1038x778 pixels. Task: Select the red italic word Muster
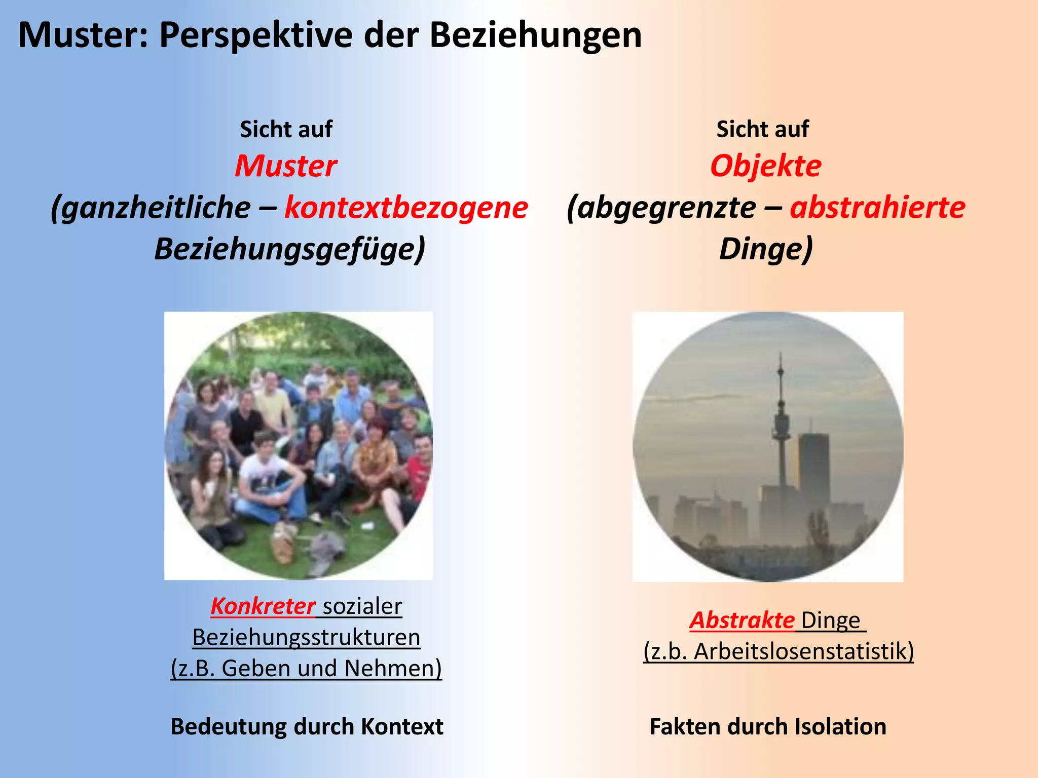click(x=286, y=166)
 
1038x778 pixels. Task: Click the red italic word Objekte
click(x=765, y=166)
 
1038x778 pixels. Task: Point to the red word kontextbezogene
click(x=406, y=208)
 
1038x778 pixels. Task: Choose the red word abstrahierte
click(x=877, y=208)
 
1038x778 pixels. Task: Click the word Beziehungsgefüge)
click(x=289, y=249)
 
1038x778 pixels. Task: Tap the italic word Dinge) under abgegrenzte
click(x=765, y=249)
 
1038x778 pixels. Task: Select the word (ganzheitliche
click(x=151, y=208)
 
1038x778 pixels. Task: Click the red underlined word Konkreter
click(x=263, y=606)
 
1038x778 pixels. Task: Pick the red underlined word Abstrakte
click(x=742, y=620)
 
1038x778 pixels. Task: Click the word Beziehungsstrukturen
click(x=306, y=637)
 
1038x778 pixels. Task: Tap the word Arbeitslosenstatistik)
click(x=804, y=651)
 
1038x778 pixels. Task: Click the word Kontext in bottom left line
click(x=402, y=726)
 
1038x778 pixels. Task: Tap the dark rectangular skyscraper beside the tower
click(x=813, y=466)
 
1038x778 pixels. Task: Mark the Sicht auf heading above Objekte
click(x=762, y=130)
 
